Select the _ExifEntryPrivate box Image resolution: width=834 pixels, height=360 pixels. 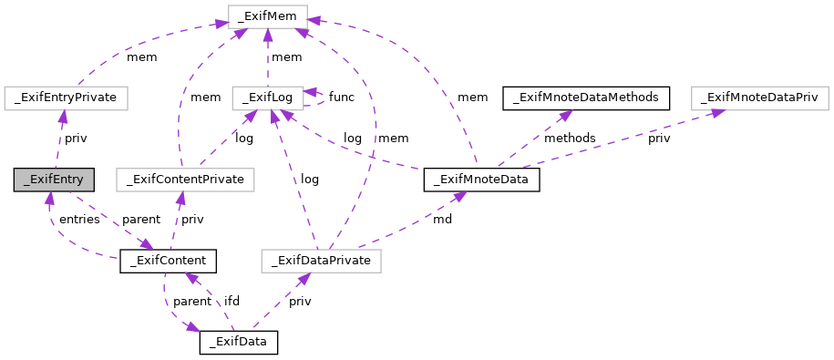[x=66, y=97]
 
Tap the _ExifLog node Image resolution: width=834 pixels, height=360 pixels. [x=266, y=97]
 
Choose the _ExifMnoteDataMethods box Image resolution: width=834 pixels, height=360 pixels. [x=587, y=97]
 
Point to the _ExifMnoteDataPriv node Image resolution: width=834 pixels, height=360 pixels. [x=758, y=97]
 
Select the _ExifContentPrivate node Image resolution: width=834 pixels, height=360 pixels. [x=186, y=180]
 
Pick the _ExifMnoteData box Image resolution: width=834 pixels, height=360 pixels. [x=482, y=180]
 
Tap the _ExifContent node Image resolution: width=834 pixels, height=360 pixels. [x=168, y=262]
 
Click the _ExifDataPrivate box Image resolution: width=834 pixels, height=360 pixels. [x=320, y=262]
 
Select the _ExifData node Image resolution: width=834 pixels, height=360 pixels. [x=238, y=343]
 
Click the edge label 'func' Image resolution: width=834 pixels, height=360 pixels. [x=341, y=97]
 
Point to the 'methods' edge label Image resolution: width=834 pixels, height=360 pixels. [x=570, y=138]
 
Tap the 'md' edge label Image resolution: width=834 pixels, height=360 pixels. [x=441, y=220]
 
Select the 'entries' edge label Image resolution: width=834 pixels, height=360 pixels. [x=78, y=220]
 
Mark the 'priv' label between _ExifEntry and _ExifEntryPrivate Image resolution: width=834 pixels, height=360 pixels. [x=76, y=138]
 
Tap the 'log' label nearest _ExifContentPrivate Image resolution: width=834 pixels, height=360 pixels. [x=244, y=138]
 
